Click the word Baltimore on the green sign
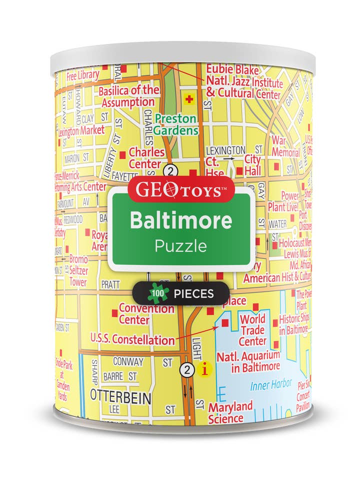point(181,220)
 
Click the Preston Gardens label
point(175,124)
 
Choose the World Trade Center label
point(252,330)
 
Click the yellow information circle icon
point(204,370)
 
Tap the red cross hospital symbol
point(189,99)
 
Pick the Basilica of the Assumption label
point(128,96)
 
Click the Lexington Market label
point(81,130)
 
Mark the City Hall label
point(252,164)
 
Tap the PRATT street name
point(111,284)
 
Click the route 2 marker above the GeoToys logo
point(171,171)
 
